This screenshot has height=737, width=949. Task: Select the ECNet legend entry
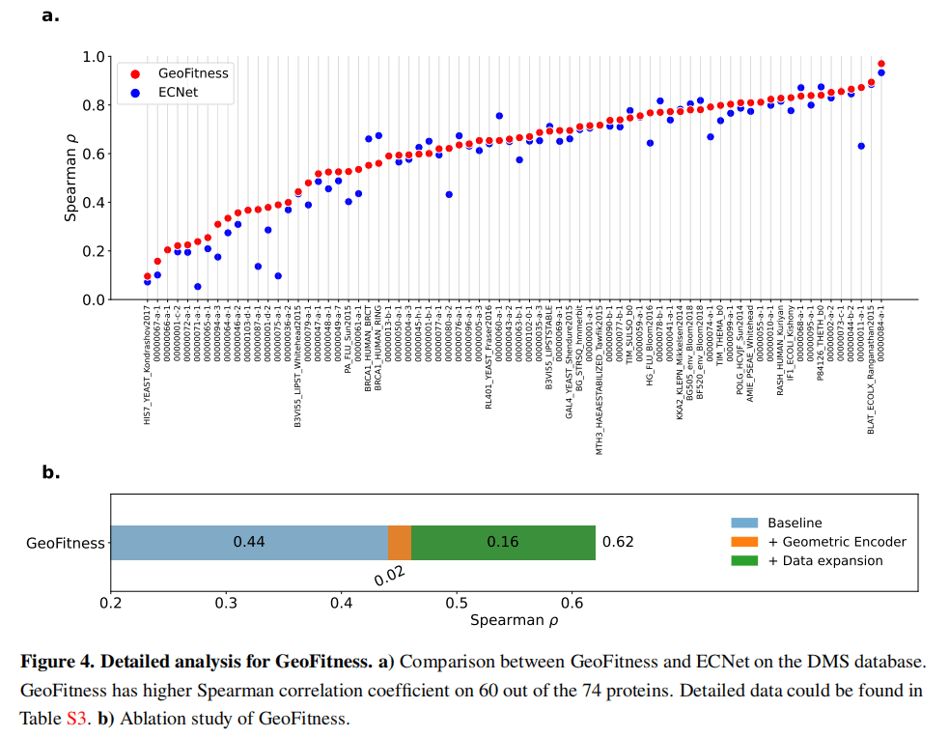point(181,93)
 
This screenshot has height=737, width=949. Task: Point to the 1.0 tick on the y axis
point(94,57)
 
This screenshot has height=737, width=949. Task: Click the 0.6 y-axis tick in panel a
point(94,155)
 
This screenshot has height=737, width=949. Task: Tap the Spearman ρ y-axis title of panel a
point(70,178)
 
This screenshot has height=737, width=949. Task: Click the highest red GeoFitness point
point(880,64)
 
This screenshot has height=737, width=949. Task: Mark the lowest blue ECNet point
point(197,286)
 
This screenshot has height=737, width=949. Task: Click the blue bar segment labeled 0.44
point(249,542)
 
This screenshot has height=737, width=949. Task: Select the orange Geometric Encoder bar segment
point(399,542)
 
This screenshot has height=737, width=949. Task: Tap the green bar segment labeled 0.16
point(502,542)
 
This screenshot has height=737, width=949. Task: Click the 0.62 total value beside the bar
point(618,542)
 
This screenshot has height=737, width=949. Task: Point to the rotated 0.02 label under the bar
point(389,576)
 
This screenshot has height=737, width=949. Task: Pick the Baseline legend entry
point(795,523)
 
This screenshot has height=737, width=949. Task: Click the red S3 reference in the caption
point(76,719)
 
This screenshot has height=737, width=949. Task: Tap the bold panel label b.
point(51,473)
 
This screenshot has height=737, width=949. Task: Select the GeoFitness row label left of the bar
point(65,543)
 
